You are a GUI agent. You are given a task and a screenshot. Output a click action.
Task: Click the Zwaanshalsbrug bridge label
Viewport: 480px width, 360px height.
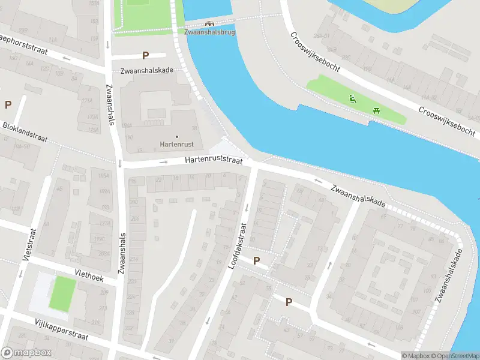click(209, 32)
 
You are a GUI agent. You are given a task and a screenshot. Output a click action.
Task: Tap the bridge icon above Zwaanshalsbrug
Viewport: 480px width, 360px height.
click(209, 23)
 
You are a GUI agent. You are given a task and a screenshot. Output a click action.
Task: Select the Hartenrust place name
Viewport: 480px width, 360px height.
click(176, 144)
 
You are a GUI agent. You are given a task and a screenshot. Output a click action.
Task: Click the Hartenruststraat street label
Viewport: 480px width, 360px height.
click(214, 161)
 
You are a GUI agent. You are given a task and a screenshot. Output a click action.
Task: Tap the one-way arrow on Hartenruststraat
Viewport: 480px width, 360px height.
click(164, 162)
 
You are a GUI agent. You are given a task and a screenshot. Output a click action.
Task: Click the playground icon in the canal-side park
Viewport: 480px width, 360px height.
click(353, 99)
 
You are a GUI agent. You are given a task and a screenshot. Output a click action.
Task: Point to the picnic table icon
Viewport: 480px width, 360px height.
click(376, 110)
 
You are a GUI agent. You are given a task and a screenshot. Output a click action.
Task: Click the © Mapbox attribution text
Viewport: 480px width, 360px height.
click(416, 356)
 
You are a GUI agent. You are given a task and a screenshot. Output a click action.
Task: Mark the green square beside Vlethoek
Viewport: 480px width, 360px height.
click(62, 293)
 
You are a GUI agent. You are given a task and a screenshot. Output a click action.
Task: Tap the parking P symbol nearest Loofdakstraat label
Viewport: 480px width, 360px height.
click(257, 260)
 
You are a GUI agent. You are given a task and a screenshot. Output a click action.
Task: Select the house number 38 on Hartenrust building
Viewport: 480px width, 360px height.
click(194, 128)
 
